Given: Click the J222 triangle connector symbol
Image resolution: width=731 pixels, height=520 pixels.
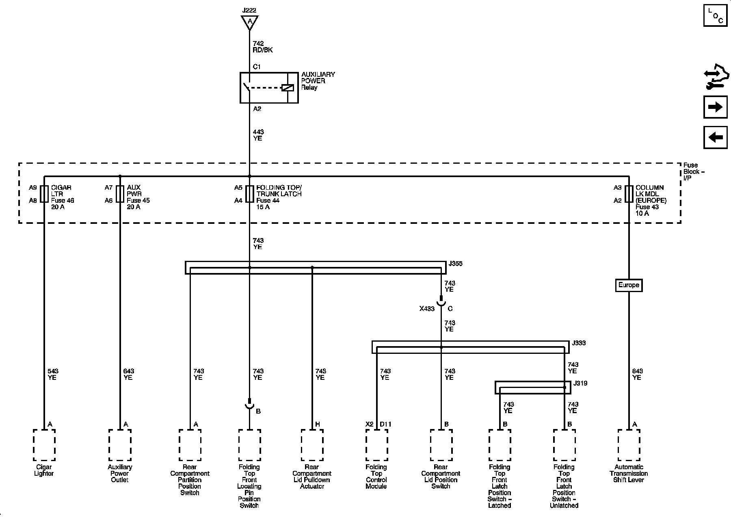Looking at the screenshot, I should (x=249, y=22).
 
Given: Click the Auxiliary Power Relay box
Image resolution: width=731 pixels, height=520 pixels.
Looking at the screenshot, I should (x=269, y=88).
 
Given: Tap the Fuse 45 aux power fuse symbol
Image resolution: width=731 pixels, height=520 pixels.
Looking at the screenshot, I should (x=120, y=194).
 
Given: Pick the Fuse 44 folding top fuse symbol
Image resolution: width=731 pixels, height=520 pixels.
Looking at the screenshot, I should (x=249, y=194).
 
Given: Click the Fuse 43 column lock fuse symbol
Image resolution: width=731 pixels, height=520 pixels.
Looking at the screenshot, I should (x=629, y=194).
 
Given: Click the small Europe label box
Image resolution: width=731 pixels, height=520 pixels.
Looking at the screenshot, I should (x=629, y=285).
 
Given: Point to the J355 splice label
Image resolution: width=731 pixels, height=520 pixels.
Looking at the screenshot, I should (x=455, y=264).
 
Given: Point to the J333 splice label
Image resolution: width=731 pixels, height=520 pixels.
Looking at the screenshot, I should (x=579, y=343).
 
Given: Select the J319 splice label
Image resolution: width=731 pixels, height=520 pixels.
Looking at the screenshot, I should (x=580, y=383).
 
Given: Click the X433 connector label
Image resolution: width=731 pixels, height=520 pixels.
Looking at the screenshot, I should (x=427, y=309).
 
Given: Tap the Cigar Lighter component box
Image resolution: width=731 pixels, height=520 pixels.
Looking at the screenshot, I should (x=44, y=445).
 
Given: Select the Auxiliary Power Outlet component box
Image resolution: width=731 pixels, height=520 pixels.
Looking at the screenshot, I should (x=120, y=445).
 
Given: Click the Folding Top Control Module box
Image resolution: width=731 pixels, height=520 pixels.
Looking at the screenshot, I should (x=376, y=445).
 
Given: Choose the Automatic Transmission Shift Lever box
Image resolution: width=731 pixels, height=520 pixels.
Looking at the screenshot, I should (x=629, y=445).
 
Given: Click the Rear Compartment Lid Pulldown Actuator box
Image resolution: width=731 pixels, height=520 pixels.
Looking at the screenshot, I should (x=312, y=445).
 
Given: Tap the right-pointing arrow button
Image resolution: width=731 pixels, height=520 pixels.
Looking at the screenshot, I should (x=715, y=107).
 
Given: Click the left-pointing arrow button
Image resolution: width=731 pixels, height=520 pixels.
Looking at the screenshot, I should (x=715, y=137).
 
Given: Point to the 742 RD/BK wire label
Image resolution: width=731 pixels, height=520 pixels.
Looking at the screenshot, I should (x=262, y=47).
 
